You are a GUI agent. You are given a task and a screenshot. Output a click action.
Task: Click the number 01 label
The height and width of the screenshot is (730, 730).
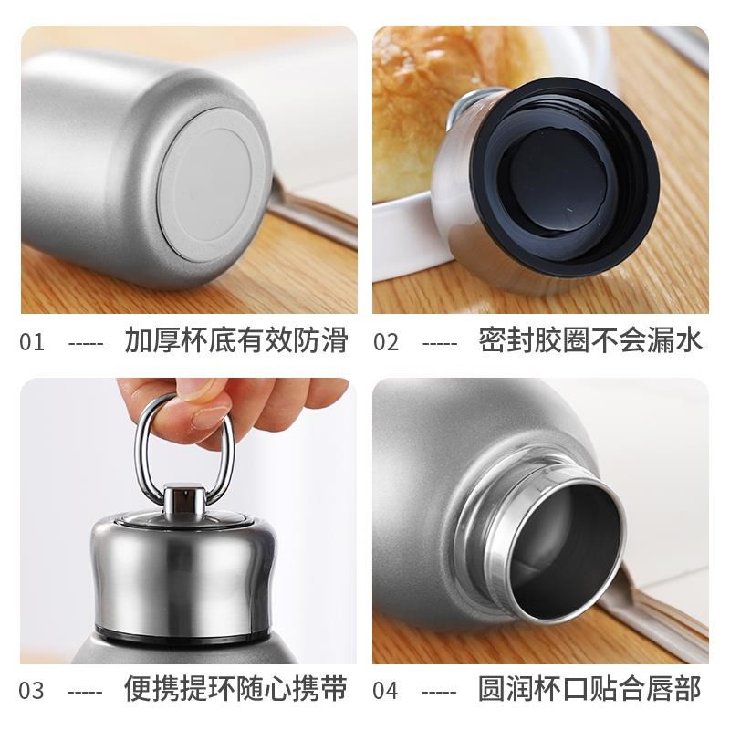pyautogui.click(x=32, y=342)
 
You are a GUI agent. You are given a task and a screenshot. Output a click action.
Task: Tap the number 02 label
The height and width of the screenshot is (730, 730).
pyautogui.click(x=386, y=342)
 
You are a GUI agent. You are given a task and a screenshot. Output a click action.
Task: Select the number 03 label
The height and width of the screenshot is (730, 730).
pyautogui.click(x=32, y=690)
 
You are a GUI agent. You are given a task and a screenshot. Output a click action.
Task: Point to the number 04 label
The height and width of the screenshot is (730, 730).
pyautogui.click(x=385, y=690)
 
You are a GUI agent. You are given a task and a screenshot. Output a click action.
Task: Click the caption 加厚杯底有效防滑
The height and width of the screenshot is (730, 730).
pyautogui.click(x=236, y=340)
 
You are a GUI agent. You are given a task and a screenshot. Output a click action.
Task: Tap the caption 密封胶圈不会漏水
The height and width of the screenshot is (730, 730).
pyautogui.click(x=590, y=340)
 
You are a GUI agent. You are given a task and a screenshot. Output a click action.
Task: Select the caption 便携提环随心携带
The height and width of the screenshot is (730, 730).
pyautogui.click(x=235, y=688)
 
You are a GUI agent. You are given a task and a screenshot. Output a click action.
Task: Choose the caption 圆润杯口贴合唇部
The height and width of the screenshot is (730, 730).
pyautogui.click(x=589, y=688)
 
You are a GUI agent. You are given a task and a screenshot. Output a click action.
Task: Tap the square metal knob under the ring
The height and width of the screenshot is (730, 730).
pyautogui.click(x=184, y=501)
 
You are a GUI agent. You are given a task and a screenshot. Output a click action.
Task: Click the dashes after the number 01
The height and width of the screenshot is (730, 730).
pyautogui.click(x=86, y=344)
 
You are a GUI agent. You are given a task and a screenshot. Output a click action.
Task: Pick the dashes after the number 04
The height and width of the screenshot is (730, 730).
pyautogui.click(x=439, y=692)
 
